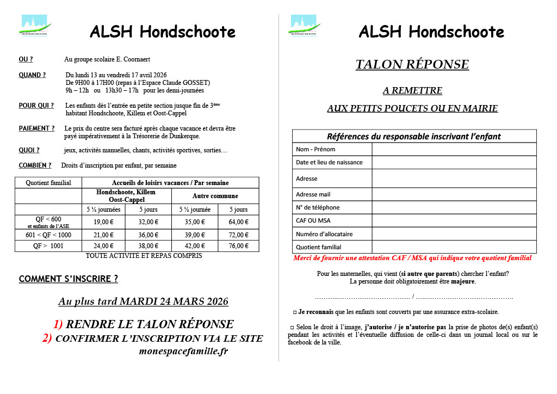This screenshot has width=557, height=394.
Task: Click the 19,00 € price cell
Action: click(x=103, y=221)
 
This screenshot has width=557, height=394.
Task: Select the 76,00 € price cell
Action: click(x=238, y=245)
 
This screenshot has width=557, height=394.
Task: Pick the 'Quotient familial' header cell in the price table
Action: click(x=48, y=183)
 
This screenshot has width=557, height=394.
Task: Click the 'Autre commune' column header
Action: click(x=215, y=196)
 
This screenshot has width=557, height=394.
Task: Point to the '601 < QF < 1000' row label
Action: click(x=48, y=235)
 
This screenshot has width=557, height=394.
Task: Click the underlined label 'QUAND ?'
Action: click(x=32, y=75)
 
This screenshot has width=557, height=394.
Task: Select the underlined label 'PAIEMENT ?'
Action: click(x=36, y=128)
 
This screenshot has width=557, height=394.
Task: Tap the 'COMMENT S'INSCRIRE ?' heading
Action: click(x=69, y=279)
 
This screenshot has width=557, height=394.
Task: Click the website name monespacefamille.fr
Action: click(x=183, y=352)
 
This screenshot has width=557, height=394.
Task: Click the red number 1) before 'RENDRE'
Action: click(x=58, y=324)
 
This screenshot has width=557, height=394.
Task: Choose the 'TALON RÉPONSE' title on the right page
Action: click(x=412, y=64)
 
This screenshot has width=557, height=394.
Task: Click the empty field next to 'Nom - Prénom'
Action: click(x=454, y=149)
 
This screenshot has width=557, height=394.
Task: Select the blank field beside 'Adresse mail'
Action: click(x=454, y=194)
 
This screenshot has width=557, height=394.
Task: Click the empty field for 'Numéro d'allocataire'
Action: click(x=454, y=233)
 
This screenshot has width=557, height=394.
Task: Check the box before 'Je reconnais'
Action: click(x=294, y=312)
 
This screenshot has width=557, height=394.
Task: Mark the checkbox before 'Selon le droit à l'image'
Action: click(x=292, y=327)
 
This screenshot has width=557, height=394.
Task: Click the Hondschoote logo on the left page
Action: click(x=35, y=25)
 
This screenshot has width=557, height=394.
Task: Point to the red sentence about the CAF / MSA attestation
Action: click(x=412, y=258)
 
